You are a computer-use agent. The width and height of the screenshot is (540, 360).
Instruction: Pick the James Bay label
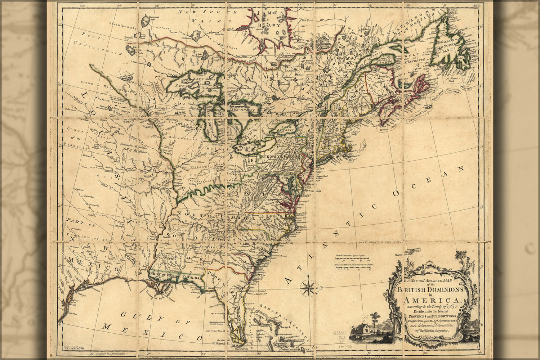(x=269, y=20)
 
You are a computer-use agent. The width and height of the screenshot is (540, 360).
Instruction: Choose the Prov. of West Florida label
(x=175, y=276)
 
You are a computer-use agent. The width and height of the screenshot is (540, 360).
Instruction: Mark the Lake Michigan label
(x=210, y=122)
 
